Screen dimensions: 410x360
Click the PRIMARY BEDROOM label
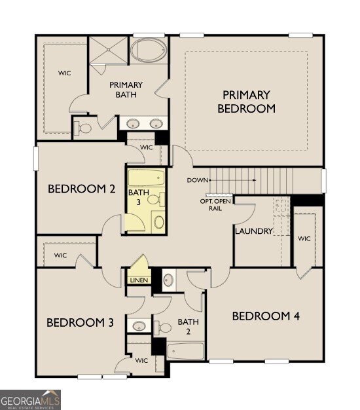[246, 102]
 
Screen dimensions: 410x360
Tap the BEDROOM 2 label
[82, 189]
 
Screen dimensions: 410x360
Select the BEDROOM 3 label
[80, 322]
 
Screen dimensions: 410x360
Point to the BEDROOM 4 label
[266, 316]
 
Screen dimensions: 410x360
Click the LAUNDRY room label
[253, 231]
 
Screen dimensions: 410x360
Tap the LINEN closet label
[139, 280]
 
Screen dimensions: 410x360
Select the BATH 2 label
[188, 326]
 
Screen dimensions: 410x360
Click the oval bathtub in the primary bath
[150, 50]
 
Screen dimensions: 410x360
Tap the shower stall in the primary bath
[109, 50]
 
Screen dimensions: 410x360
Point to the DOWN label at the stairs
[197, 180]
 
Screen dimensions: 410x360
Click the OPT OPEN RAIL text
[215, 204]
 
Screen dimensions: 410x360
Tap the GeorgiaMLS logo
[31, 398]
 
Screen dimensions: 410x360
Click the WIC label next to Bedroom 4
[304, 239]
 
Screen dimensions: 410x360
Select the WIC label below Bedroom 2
[60, 255]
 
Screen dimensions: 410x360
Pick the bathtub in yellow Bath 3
[148, 180]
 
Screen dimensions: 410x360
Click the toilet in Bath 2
[168, 280]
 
